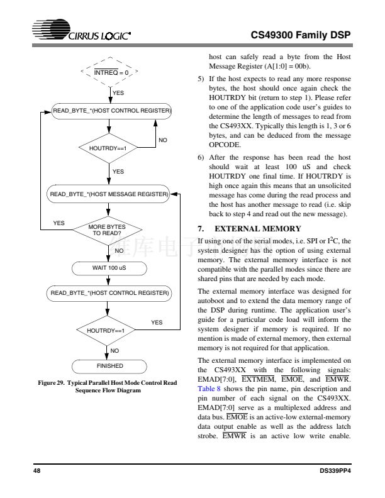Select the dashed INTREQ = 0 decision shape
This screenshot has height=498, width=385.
[110, 72]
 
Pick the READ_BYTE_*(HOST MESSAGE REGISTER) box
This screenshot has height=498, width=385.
[110, 195]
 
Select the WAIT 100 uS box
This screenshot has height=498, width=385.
[110, 268]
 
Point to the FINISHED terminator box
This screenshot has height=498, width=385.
[110, 365]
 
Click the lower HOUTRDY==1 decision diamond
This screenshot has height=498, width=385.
[110, 329]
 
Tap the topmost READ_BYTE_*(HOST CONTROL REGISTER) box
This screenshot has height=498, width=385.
[110, 111]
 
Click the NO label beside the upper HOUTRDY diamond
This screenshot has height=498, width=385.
[162, 139]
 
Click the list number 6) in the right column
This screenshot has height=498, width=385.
[201, 159]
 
